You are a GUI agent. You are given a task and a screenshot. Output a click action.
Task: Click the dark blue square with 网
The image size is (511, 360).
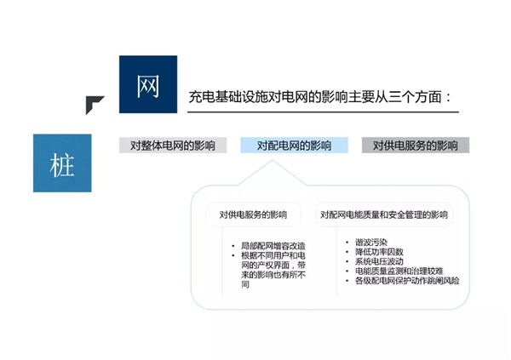[148, 84]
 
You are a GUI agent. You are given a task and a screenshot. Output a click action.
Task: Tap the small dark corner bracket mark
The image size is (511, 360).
[94, 104]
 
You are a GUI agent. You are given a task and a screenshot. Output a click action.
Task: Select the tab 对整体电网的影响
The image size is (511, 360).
[173, 145]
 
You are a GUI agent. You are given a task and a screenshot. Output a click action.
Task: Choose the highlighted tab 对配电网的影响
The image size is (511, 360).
[294, 145]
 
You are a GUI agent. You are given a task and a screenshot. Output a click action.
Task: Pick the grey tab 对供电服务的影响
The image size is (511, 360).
[416, 145]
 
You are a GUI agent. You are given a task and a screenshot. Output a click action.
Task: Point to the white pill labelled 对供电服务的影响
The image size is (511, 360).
[253, 214]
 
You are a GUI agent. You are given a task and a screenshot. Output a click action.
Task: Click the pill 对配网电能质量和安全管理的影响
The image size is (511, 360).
[384, 214]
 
